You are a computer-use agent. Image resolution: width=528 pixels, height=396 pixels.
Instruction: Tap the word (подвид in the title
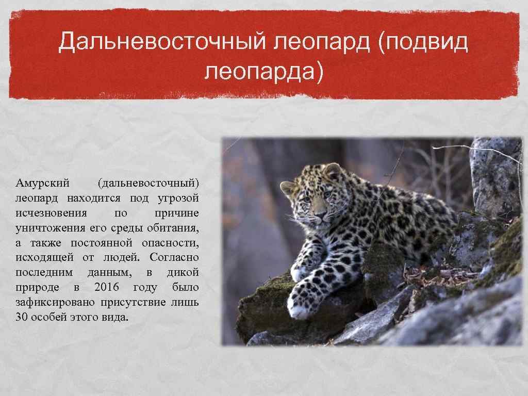click(x=423, y=42)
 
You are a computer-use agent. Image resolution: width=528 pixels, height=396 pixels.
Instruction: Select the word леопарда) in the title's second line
click(x=263, y=71)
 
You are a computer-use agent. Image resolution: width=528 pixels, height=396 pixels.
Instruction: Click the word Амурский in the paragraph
click(x=42, y=183)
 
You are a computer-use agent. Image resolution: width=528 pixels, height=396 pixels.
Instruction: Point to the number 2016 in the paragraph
click(x=107, y=287)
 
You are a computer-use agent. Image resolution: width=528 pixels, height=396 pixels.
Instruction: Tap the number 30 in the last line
click(x=22, y=317)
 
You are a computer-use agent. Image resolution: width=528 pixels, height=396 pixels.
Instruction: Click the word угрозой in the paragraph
click(x=178, y=199)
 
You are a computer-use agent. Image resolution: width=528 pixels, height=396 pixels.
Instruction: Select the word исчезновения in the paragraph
click(x=51, y=213)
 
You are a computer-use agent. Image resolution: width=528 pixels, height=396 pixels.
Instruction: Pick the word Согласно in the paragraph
click(x=174, y=258)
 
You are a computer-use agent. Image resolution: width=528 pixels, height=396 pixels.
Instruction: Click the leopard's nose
click(x=319, y=213)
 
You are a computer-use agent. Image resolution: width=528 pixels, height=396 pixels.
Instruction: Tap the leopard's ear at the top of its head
click(x=332, y=170)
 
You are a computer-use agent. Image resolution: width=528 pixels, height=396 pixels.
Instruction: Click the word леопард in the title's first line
click(x=322, y=42)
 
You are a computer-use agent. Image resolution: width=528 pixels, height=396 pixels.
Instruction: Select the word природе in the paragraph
click(x=37, y=288)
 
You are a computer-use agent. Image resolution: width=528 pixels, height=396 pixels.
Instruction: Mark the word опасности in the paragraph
click(x=170, y=243)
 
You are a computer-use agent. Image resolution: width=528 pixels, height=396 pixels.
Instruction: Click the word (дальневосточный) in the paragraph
click(x=148, y=184)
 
